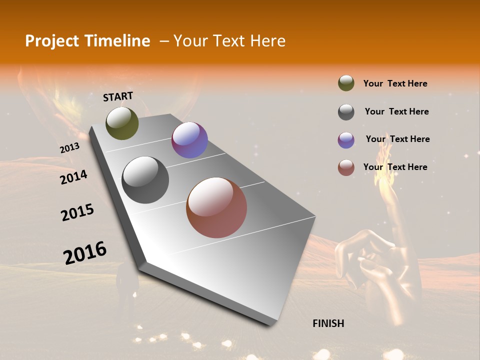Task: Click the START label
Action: [x=118, y=96]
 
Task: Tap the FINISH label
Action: [x=328, y=323]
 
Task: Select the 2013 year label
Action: [x=70, y=148]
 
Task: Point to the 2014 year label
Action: [x=74, y=177]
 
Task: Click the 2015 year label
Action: [x=77, y=212]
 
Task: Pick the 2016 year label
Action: [x=85, y=252]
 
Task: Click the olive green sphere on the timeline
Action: [x=122, y=123]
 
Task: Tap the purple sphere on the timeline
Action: [x=189, y=140]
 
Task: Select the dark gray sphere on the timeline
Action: [x=145, y=180]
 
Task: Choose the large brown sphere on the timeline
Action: [x=216, y=207]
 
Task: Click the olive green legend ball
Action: [x=346, y=83]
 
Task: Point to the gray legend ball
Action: [x=346, y=112]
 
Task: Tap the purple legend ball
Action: [x=346, y=140]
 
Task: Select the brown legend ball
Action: [x=346, y=168]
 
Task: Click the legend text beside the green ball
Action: [x=395, y=83]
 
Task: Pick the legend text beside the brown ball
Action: [x=395, y=167]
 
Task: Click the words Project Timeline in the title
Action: [x=87, y=41]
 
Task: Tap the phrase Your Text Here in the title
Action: [x=229, y=41]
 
